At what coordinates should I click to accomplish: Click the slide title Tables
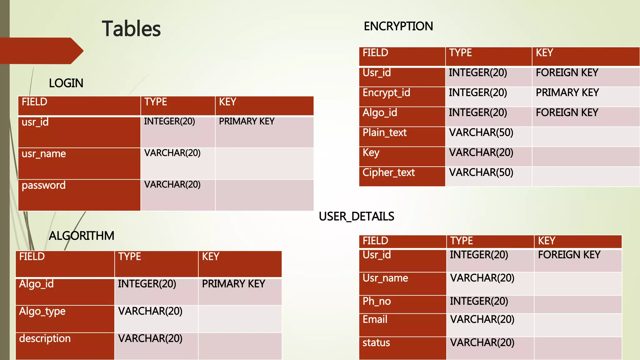point(131,29)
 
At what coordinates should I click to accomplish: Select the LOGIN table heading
point(66,83)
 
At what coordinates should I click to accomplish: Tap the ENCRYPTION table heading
point(398,26)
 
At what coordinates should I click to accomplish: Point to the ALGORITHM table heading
point(82,236)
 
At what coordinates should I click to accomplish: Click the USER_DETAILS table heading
point(357,216)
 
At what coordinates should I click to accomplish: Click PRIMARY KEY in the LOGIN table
point(247,121)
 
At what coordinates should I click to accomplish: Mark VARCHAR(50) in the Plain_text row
point(481,133)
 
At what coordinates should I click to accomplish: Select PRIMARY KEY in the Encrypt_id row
point(567,93)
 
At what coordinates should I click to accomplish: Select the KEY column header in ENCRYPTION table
point(544,53)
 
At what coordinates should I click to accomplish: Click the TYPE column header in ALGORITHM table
point(130,257)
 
